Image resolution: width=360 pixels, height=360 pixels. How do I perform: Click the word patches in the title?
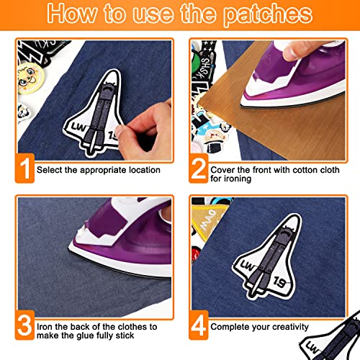pos(268,14)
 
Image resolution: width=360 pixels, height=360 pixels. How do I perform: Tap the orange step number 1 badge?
pos(24,168)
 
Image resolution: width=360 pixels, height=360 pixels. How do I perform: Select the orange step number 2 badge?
pos(199,168)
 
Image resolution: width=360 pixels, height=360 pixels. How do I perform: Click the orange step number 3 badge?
pos(24,325)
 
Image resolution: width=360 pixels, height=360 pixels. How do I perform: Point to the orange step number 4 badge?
pos(199,325)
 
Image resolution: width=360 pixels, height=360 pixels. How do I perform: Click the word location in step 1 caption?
pos(145,170)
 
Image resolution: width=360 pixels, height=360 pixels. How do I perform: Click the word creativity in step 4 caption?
pos(290,327)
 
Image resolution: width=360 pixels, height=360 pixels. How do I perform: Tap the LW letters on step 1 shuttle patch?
pos(78,127)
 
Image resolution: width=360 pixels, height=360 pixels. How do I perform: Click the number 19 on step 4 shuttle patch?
pos(280,282)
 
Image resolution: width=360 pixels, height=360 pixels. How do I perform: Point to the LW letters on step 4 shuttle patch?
pos(247,265)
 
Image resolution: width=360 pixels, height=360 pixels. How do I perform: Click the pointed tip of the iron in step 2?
pos(241,105)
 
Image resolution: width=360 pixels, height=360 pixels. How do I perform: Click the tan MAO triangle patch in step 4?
pos(208,220)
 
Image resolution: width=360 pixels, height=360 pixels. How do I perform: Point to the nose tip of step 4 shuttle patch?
pos(297,215)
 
